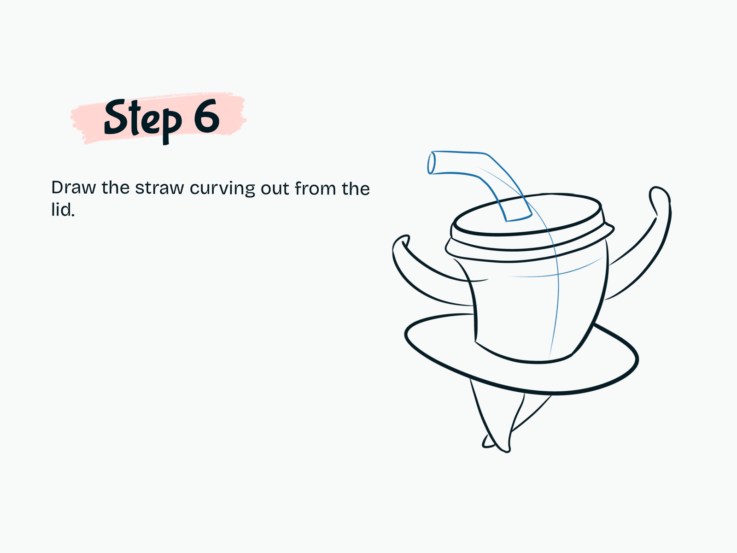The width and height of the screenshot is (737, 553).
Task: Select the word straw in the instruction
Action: click(x=159, y=188)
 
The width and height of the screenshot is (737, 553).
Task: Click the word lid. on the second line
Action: click(x=63, y=210)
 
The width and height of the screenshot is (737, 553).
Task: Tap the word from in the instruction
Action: click(x=315, y=188)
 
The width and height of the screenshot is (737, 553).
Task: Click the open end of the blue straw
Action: click(x=432, y=163)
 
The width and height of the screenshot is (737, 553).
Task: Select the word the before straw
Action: click(x=116, y=188)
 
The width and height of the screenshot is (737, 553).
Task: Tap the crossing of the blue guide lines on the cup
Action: click(x=558, y=274)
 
